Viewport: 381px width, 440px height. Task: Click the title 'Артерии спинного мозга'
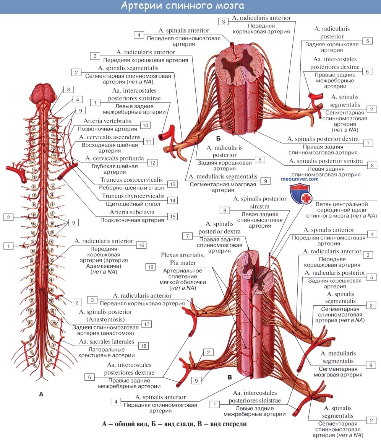(182, 7)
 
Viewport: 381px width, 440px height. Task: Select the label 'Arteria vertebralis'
(110, 121)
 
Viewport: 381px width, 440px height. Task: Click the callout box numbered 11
(148, 141)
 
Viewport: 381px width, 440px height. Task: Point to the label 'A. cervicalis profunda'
(114, 158)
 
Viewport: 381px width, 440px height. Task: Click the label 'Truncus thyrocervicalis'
(133, 196)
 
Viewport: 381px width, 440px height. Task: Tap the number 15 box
(172, 217)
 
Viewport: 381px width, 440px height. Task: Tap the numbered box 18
(144, 346)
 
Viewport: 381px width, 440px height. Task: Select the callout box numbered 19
(151, 266)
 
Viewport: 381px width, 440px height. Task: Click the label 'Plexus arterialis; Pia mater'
(178, 259)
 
